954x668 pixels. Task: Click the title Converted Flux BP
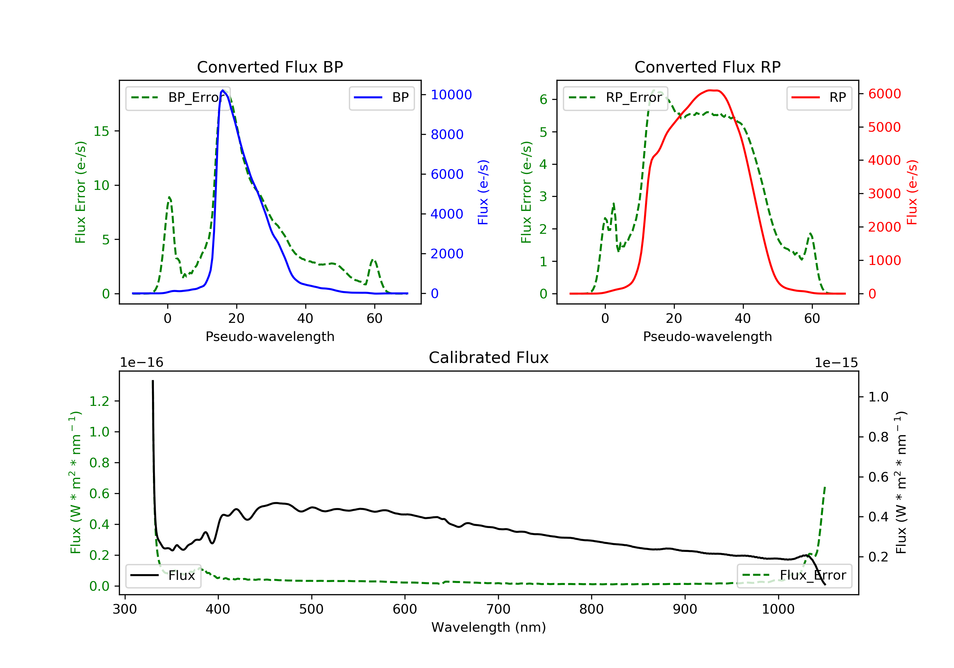point(270,67)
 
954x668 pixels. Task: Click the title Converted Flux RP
point(707,67)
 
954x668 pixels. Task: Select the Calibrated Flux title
point(489,358)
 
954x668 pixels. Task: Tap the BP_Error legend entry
point(177,98)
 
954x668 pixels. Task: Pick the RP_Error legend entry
point(615,98)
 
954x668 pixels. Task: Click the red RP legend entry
point(819,98)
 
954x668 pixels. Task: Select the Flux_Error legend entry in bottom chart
point(794,575)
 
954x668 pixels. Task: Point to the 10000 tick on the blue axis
point(451,95)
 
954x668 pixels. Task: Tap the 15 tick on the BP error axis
point(101,131)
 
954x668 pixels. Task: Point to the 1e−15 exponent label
point(836,363)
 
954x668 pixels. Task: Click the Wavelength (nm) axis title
point(489,627)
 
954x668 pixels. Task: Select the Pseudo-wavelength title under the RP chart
point(707,336)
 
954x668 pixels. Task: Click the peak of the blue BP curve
point(223,90)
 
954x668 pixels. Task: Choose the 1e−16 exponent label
point(142,363)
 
